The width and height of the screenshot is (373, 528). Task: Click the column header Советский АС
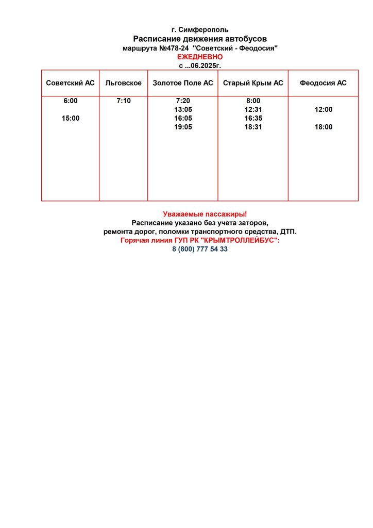click(x=70, y=83)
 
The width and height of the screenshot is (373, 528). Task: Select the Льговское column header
click(x=123, y=83)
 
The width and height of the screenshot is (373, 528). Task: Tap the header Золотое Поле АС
click(x=183, y=83)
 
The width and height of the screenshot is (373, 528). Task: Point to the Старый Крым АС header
click(x=253, y=83)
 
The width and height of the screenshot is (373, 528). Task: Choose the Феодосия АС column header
click(x=323, y=83)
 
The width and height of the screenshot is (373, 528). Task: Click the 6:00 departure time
click(x=71, y=101)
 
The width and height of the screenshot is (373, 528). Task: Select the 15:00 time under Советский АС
click(x=71, y=119)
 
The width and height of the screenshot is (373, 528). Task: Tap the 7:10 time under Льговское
click(x=124, y=101)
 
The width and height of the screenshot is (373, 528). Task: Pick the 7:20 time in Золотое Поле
click(x=183, y=101)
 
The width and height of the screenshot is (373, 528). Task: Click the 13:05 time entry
click(x=183, y=110)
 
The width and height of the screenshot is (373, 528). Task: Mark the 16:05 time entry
click(x=183, y=119)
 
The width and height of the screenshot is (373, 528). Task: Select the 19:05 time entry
click(x=183, y=127)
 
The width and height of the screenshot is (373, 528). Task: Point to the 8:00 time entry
click(x=253, y=101)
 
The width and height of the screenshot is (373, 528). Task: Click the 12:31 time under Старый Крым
click(x=253, y=110)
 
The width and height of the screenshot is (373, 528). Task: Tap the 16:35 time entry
click(x=253, y=119)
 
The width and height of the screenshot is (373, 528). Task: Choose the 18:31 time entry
click(x=253, y=127)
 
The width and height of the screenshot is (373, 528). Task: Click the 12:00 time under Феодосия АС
click(x=324, y=110)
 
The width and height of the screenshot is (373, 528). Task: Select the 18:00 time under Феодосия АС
click(x=324, y=127)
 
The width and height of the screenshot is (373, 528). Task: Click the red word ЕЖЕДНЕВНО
click(x=200, y=57)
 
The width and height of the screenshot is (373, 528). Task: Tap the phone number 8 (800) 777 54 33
click(x=200, y=249)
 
